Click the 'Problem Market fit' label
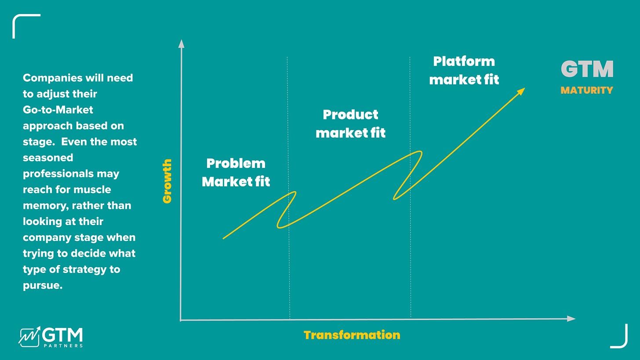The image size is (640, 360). pos(236,172)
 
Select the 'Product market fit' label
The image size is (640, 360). pos(350,124)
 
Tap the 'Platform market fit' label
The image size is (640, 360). pos(464,70)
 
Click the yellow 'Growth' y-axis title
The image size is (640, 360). pos(167,181)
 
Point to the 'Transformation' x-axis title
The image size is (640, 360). pos(352,335)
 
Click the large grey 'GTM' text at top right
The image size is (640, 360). pos(587,69)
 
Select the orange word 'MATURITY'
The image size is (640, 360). pos(586,91)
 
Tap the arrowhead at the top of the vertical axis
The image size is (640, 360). pos(181,43)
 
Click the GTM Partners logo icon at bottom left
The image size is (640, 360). pos(29,336)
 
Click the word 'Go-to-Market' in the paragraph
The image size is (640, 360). pos(58,109)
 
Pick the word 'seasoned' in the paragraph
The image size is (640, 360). pos(48,157)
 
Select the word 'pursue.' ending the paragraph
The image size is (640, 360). pos(43,285)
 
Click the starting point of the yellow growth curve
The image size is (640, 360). pos(224,238)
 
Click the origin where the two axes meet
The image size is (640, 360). pos(181,320)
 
